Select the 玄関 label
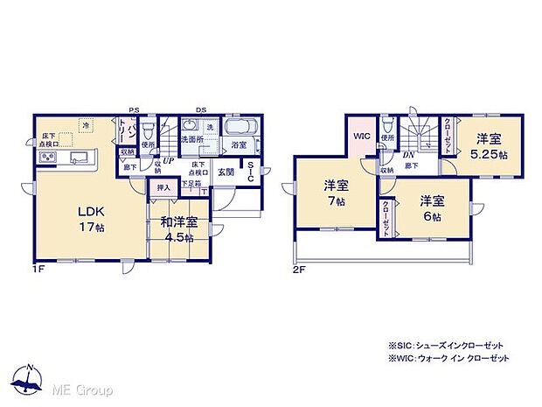click(226, 172)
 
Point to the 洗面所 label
click(192, 140)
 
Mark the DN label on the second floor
click(408, 156)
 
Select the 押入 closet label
click(163, 187)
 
